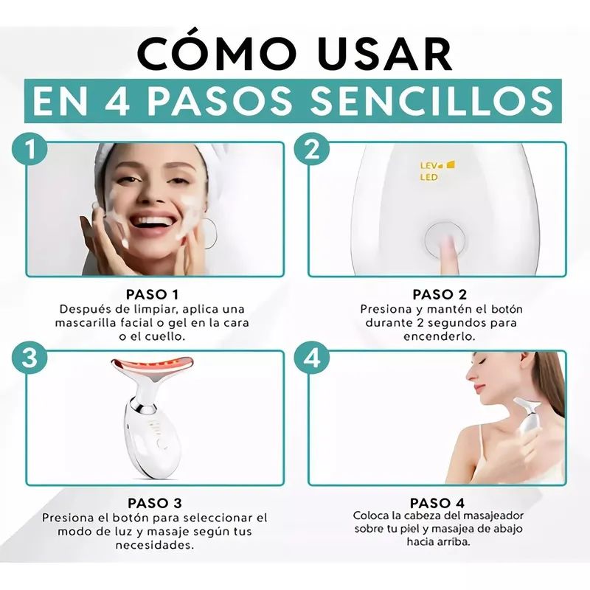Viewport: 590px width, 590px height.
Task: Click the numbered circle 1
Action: [x=29, y=148]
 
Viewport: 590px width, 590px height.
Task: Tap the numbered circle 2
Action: [x=312, y=148]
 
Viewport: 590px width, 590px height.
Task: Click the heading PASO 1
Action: [x=152, y=294]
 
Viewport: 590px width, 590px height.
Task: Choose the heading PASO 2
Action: [x=440, y=294]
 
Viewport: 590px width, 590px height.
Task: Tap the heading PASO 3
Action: [x=155, y=503]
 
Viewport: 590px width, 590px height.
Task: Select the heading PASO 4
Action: [x=437, y=503]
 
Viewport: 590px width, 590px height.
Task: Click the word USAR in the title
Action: [x=386, y=54]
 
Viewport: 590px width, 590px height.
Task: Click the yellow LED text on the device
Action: [x=429, y=177]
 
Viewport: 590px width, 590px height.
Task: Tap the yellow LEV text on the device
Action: [x=428, y=165]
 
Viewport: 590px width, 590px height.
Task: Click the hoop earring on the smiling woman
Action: [x=211, y=233]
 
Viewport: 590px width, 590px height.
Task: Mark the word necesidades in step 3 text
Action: [x=155, y=545]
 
